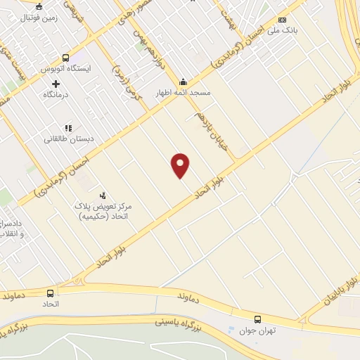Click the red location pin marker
[181, 165]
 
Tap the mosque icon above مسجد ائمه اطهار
[184, 81]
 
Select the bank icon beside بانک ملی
[283, 20]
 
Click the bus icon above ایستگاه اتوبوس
[65, 58]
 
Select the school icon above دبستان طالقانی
[68, 128]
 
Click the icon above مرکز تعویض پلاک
[103, 195]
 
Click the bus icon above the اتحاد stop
[50, 292]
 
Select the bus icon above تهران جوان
[258, 319]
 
